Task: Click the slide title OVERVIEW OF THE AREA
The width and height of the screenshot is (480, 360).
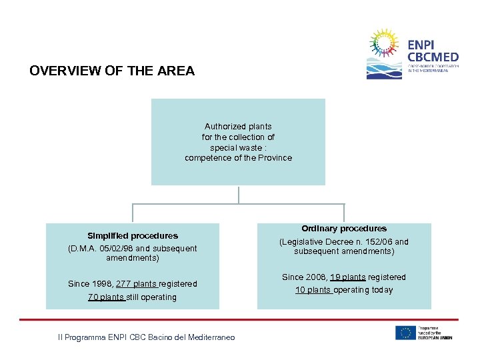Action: pyautogui.click(x=112, y=71)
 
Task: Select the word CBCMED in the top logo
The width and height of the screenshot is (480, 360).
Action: pyautogui.click(x=432, y=57)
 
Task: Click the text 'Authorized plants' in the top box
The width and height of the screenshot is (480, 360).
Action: pyautogui.click(x=238, y=126)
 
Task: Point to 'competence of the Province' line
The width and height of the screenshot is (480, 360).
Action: pyautogui.click(x=238, y=158)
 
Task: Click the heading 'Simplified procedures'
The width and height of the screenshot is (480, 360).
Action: pyautogui.click(x=133, y=235)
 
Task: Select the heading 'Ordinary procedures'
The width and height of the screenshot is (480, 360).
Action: pyautogui.click(x=344, y=228)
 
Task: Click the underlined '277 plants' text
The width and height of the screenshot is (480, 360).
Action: pyautogui.click(x=137, y=284)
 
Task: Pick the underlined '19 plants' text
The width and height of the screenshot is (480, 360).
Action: pyautogui.click(x=347, y=277)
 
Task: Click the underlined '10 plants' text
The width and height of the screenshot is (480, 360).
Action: pyautogui.click(x=313, y=290)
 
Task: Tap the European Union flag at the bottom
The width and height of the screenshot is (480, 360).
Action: pyautogui.click(x=405, y=333)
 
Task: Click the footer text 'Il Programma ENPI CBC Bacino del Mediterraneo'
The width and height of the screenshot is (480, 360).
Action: pyautogui.click(x=146, y=338)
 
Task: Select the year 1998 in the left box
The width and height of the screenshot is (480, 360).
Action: pyautogui.click(x=103, y=284)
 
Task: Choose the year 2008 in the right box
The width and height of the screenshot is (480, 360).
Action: pyautogui.click(x=317, y=277)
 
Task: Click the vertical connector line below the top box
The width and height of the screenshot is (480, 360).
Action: pyautogui.click(x=239, y=194)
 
